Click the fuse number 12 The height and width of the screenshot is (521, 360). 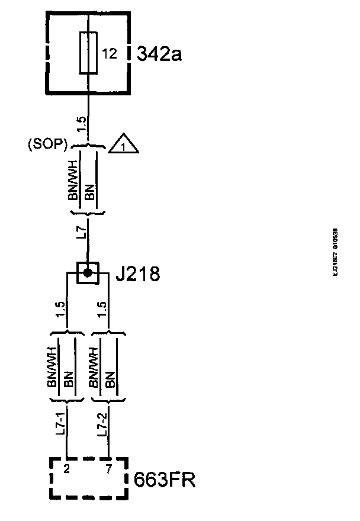108,54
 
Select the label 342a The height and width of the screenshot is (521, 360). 159,54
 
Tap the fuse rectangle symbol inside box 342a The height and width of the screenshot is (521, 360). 88,53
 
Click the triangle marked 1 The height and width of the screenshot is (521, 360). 123,143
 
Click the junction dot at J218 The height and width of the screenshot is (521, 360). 88,273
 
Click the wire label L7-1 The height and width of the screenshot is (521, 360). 60,425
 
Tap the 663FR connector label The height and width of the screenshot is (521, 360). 165,479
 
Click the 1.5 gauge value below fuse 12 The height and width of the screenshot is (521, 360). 82,125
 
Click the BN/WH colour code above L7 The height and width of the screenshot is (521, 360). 74,181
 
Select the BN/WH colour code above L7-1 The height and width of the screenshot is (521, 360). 52,367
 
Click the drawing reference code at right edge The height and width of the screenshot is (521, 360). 335,253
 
